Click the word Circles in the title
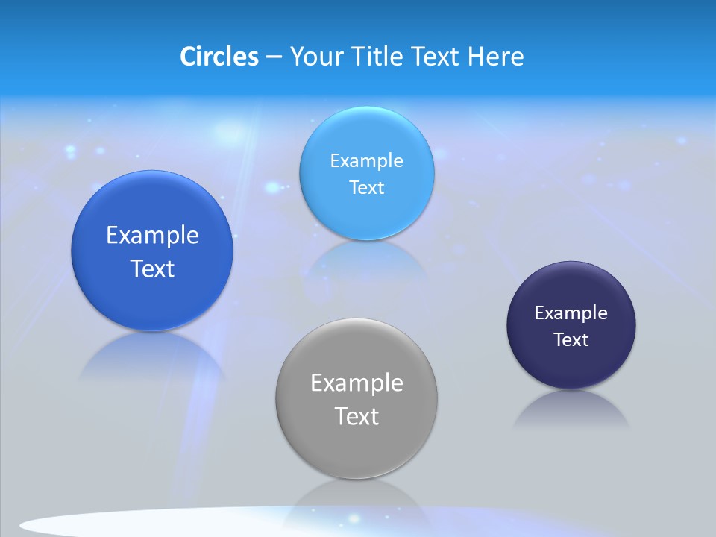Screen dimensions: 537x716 click(219, 57)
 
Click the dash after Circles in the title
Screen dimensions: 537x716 click(273, 57)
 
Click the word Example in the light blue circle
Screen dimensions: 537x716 click(367, 160)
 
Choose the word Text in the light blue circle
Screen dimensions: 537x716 click(367, 187)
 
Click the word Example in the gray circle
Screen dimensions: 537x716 click(357, 383)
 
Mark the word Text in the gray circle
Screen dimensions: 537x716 click(357, 416)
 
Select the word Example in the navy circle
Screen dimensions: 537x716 click(571, 313)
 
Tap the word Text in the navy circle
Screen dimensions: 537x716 click(571, 339)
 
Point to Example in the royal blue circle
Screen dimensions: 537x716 click(152, 235)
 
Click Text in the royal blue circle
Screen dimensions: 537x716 click(152, 268)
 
